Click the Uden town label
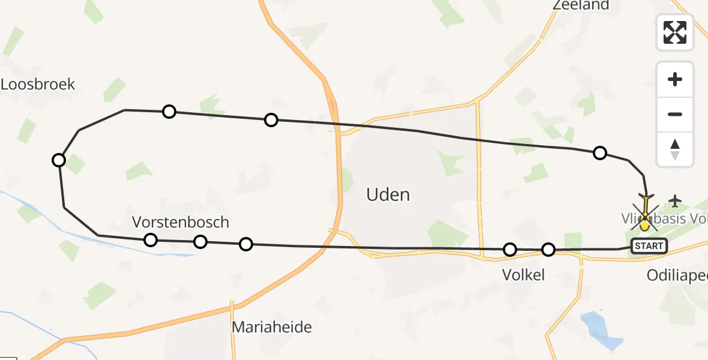point(388,194)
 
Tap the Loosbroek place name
point(38,84)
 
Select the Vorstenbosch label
point(180,222)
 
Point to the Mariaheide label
point(272,327)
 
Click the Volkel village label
point(523,275)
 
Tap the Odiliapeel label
point(677,275)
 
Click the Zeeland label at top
point(580,5)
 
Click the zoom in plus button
point(675,79)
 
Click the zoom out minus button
point(675,114)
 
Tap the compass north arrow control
point(675,149)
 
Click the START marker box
point(649,245)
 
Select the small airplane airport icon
point(676,200)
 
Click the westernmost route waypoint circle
point(59,160)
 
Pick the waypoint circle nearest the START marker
point(548,250)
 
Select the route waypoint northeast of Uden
point(599,153)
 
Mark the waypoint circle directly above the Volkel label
point(510,249)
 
